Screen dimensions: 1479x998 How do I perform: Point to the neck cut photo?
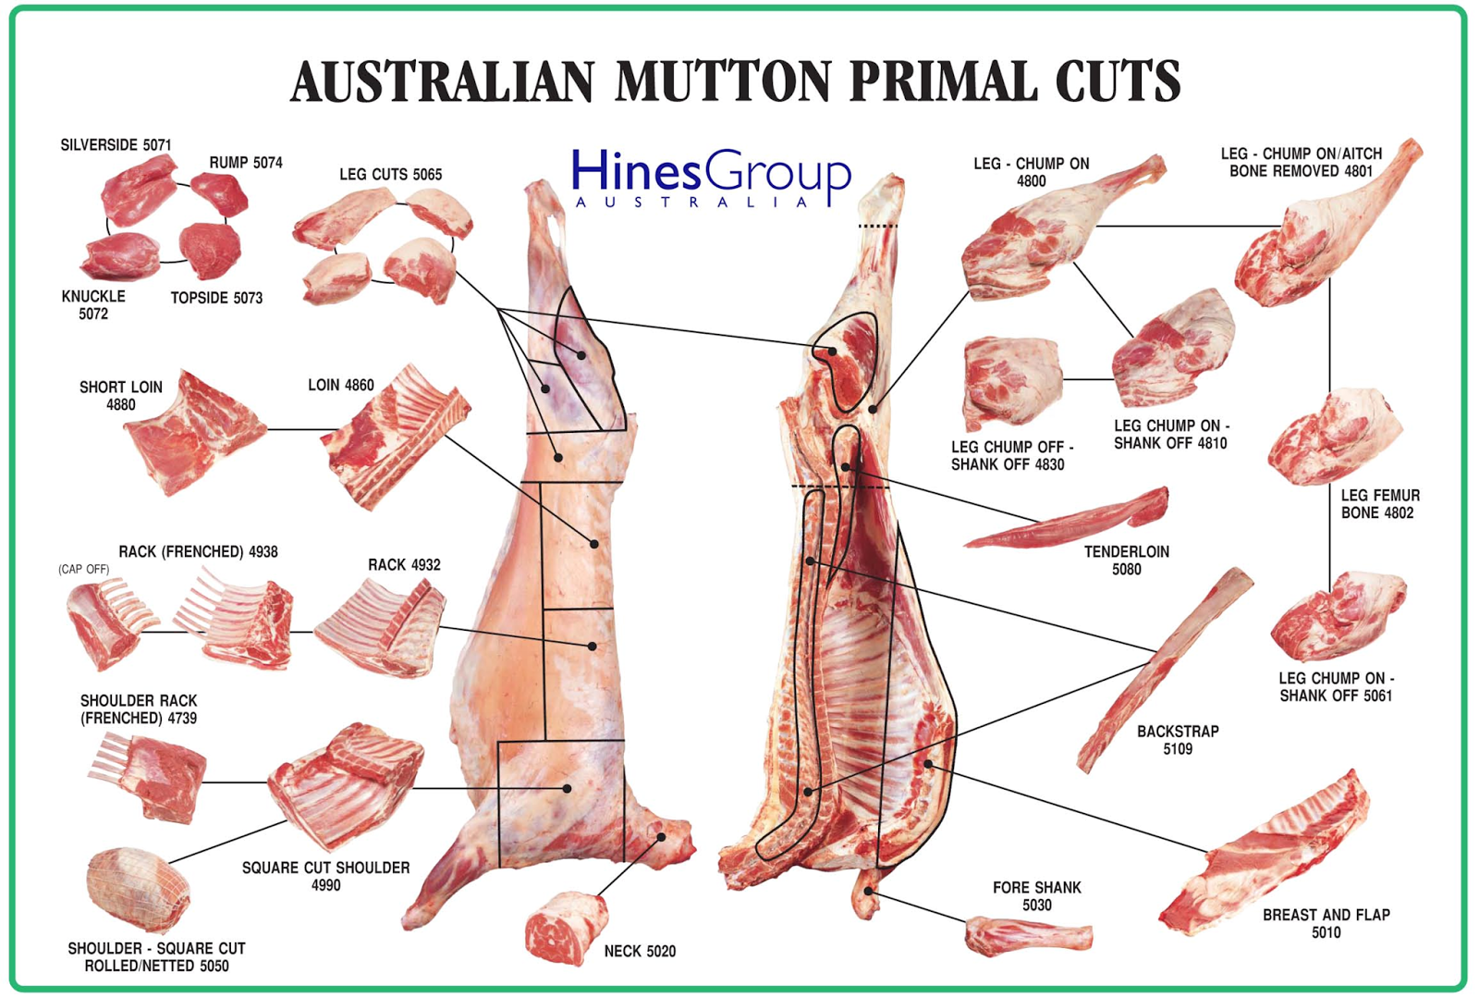click(565, 928)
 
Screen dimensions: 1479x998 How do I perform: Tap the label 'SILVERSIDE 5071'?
click(116, 145)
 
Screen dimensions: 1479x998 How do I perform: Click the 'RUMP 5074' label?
click(245, 163)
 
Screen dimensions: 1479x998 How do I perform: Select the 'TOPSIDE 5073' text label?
click(216, 298)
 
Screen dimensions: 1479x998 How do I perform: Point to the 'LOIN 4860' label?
click(340, 385)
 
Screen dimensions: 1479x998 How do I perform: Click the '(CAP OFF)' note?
click(83, 569)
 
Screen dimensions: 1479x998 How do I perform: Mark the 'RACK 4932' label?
click(404, 564)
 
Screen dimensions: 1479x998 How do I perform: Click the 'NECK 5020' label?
click(640, 951)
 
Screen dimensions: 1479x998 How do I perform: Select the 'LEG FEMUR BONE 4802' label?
click(1379, 504)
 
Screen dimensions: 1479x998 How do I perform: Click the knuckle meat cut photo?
click(120, 256)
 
